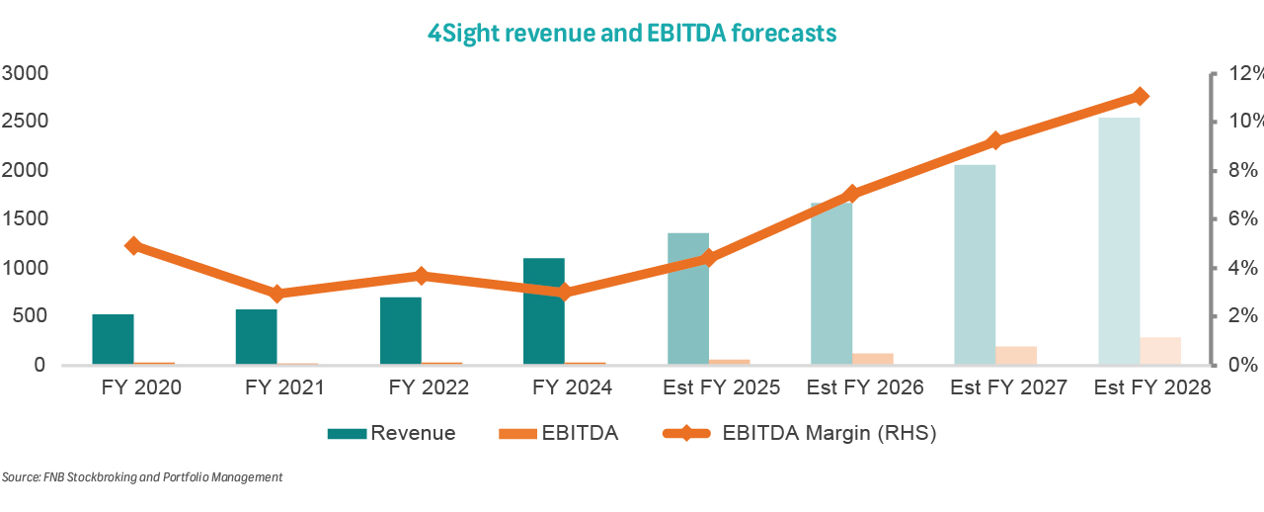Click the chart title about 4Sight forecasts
click(x=632, y=34)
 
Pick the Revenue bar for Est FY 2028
click(x=1119, y=241)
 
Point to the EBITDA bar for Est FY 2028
click(x=1160, y=351)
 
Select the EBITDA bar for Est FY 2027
click(x=1016, y=356)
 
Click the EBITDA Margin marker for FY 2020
click(x=133, y=246)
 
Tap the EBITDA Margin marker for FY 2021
click(x=277, y=294)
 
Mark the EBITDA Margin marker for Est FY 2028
click(x=1140, y=96)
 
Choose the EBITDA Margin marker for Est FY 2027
click(x=995, y=140)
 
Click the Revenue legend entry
click(x=392, y=433)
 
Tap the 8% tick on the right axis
click(x=1240, y=170)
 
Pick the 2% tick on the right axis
click(x=1240, y=316)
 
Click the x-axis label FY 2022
click(x=424, y=388)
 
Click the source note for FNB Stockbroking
click(x=142, y=477)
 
